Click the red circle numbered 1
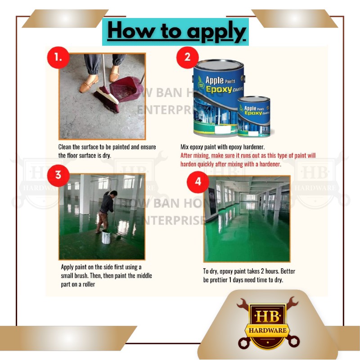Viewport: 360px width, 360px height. [x=58, y=58]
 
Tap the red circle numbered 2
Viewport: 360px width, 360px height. [x=187, y=58]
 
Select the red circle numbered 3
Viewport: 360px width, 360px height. [x=58, y=175]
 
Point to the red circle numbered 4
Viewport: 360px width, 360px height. [x=198, y=182]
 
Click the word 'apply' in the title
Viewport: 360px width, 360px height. [x=216, y=31]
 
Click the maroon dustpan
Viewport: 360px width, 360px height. [x=127, y=88]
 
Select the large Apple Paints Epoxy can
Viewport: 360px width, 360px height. [x=218, y=98]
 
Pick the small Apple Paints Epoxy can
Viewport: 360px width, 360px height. [x=254, y=117]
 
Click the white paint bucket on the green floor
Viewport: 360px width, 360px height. [x=106, y=237]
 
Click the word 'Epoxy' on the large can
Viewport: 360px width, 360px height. [x=219, y=89]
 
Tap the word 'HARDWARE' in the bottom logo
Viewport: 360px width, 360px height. [x=268, y=330]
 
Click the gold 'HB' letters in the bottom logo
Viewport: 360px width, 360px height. [x=268, y=316]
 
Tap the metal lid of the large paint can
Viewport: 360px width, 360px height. [x=219, y=64]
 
